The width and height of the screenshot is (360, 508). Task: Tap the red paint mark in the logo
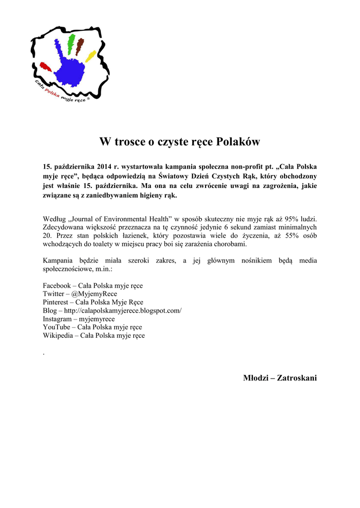[45, 66]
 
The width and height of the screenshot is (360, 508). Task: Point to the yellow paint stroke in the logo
[90, 56]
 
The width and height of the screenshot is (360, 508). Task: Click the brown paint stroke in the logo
[81, 45]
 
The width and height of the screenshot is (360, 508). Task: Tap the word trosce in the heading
[131, 142]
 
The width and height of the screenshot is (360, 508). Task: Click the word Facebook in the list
[57, 286]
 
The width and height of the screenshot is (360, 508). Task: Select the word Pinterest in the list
[56, 302]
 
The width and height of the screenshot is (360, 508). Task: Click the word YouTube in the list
[56, 327]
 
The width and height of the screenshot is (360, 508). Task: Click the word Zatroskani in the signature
[297, 378]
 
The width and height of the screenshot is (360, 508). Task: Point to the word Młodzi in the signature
[256, 378]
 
